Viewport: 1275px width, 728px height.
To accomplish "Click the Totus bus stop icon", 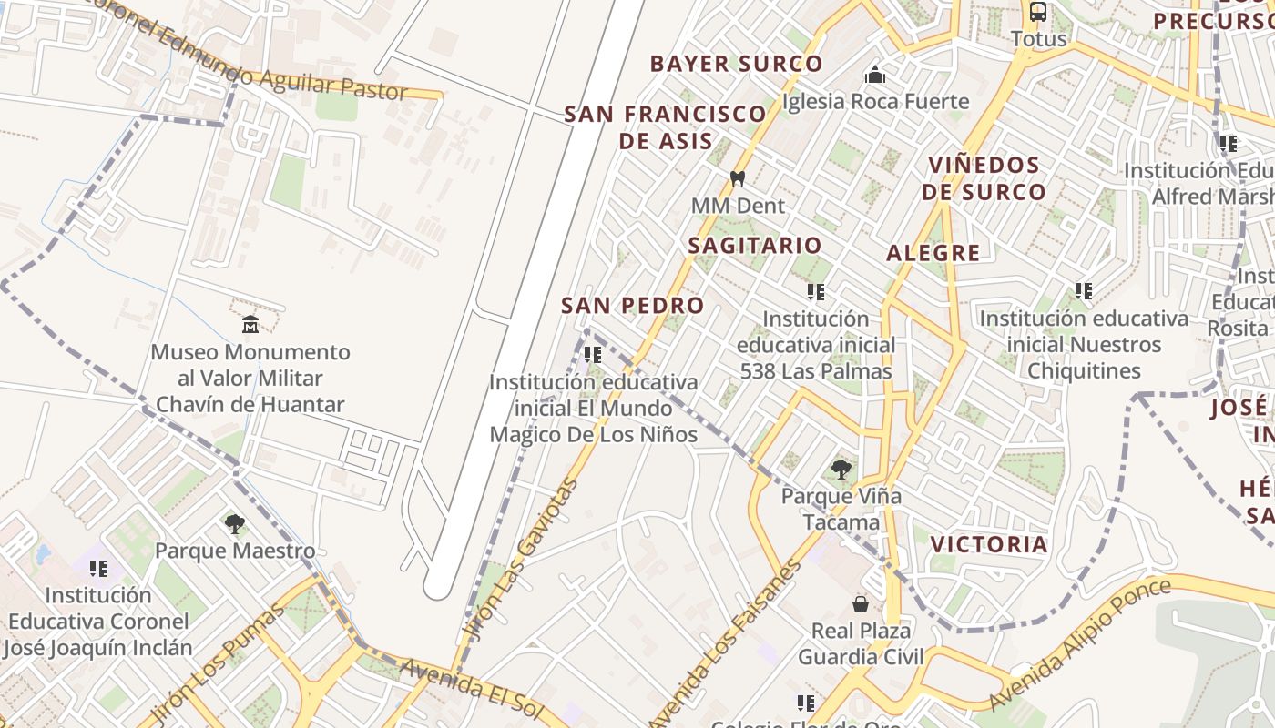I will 1038,12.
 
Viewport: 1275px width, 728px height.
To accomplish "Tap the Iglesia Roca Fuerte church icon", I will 875,75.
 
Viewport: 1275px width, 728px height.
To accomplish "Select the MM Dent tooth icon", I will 738,179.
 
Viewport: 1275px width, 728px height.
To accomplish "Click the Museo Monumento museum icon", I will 250,324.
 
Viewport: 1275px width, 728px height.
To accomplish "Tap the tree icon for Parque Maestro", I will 235,524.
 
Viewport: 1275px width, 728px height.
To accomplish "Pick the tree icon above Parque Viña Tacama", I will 841,470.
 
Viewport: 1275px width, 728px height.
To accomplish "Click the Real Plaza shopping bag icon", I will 860,604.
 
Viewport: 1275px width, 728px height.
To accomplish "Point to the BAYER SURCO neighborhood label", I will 736,64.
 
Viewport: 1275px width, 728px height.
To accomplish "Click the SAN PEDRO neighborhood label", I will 632,306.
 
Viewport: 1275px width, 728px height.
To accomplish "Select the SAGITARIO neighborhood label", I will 755,246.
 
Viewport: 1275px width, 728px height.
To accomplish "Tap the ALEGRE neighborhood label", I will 933,254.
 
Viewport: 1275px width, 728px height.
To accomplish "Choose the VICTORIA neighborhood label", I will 989,545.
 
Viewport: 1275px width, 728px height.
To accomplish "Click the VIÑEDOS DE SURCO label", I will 984,178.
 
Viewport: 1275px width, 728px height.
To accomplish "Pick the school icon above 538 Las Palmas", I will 816,292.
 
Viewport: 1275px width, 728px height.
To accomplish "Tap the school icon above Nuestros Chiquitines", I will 1083,291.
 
